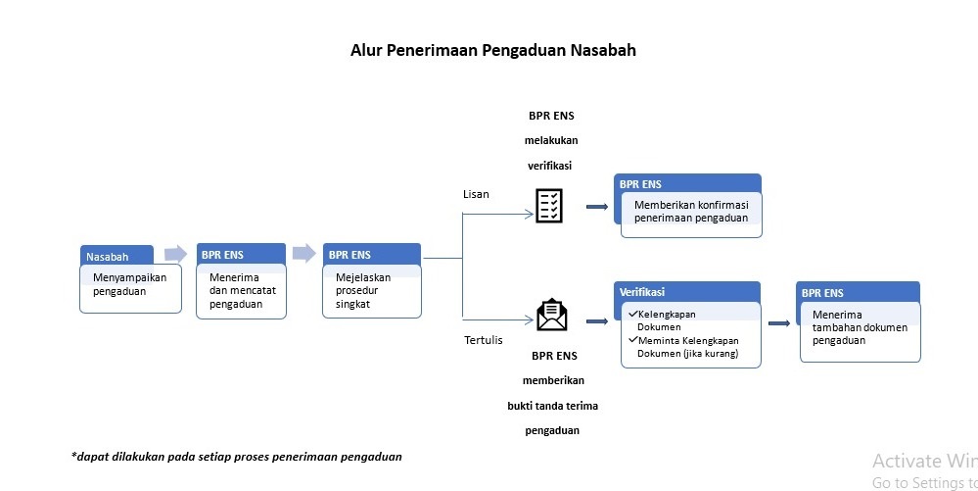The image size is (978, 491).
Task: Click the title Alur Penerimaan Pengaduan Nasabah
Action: (492, 50)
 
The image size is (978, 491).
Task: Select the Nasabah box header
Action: (116, 255)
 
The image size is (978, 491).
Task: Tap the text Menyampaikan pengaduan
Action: (130, 284)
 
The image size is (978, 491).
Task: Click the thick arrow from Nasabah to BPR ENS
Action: (175, 254)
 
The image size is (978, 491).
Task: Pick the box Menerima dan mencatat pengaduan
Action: (242, 281)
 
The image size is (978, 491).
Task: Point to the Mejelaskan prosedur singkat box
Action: (372, 281)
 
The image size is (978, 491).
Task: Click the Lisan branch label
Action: (476, 194)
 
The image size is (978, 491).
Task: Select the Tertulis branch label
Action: (484, 340)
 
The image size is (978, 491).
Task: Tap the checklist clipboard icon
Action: (549, 206)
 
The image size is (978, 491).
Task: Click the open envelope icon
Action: (552, 315)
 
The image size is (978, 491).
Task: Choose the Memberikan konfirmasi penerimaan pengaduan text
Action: (691, 211)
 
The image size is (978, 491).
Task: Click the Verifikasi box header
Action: (686, 292)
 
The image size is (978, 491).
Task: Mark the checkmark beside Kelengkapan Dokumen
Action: (633, 314)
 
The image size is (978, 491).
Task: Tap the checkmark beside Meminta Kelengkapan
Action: (633, 340)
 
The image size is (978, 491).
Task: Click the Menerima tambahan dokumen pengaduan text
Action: (860, 327)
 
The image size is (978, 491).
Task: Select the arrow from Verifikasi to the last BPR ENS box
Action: (779, 323)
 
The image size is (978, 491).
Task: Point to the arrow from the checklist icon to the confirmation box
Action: (597, 207)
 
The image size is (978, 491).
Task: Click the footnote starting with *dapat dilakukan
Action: (236, 457)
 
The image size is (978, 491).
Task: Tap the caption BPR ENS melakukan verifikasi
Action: (551, 140)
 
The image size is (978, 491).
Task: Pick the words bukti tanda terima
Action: (552, 406)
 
